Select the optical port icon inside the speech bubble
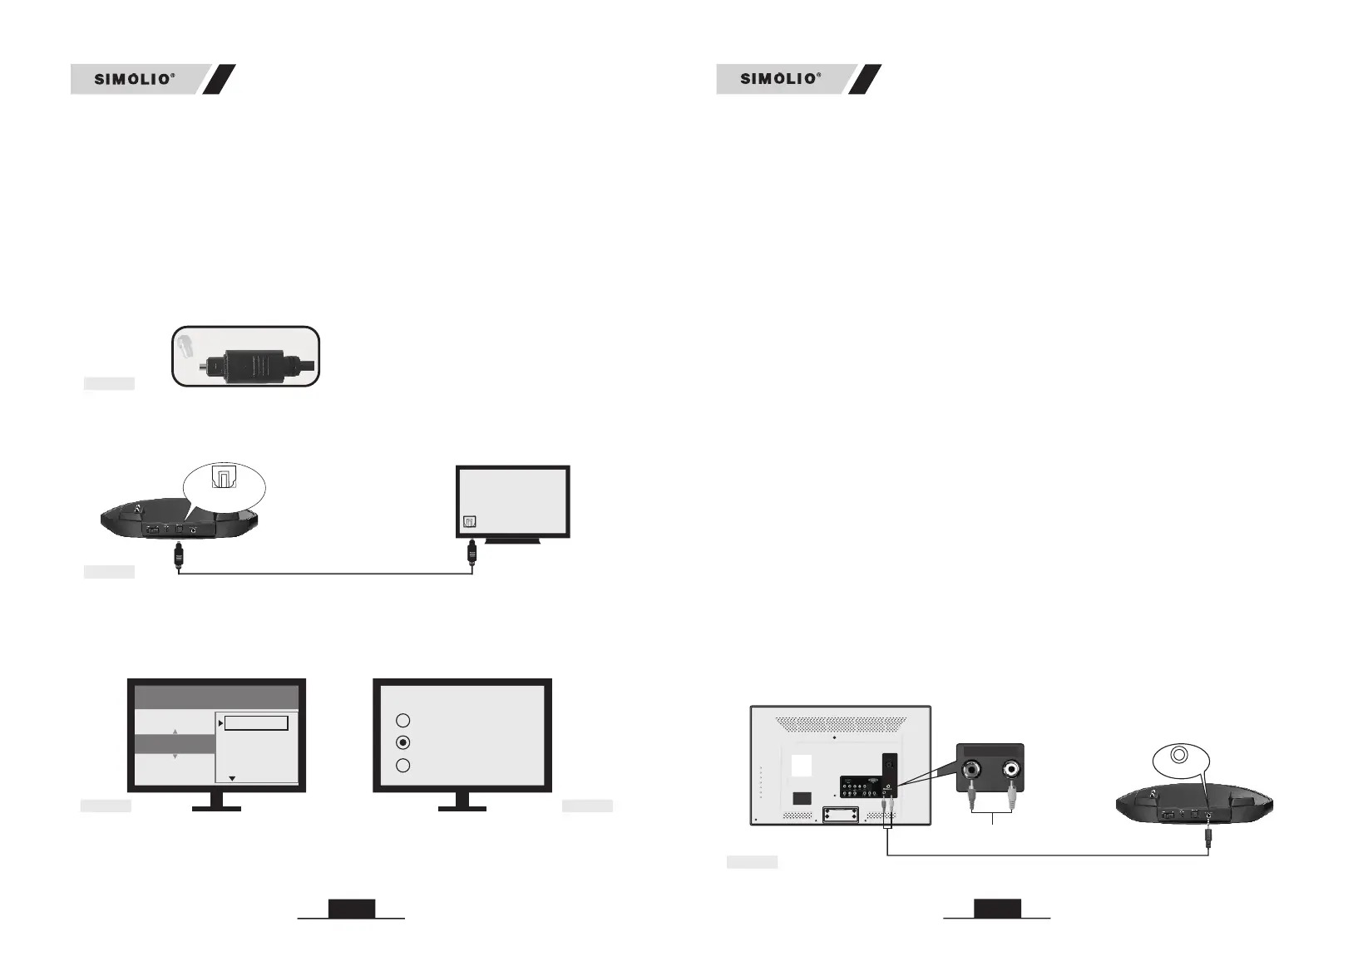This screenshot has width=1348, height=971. [225, 477]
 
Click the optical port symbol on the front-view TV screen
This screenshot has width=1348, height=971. [469, 522]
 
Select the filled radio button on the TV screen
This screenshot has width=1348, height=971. [402, 742]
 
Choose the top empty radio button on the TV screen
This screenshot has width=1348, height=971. [402, 720]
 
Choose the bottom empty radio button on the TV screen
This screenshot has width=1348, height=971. [402, 766]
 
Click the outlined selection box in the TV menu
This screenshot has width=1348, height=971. [256, 723]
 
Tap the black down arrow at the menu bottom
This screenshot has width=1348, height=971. [232, 779]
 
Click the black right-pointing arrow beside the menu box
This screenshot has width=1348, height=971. [220, 723]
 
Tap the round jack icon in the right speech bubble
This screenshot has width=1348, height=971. [1178, 756]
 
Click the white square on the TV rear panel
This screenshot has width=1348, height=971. [801, 765]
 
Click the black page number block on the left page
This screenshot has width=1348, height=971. [352, 909]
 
